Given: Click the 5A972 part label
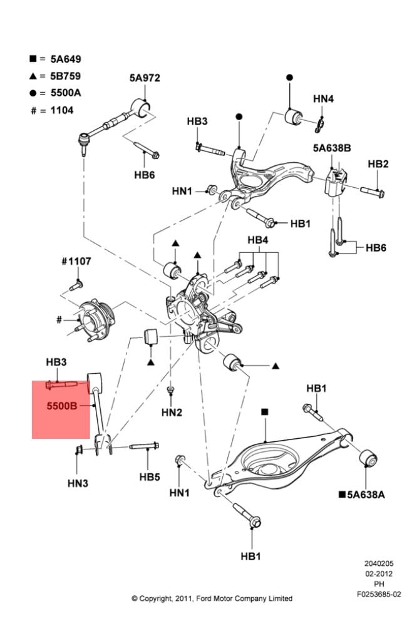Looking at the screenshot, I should (145, 78).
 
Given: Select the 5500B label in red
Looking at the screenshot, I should (61, 406).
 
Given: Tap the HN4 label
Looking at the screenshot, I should (323, 98).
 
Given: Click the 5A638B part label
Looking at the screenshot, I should (332, 148).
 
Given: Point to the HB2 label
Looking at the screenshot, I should (378, 164).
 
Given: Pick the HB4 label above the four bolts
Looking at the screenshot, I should (257, 240).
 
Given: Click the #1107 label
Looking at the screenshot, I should (76, 261).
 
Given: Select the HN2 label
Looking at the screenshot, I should (172, 412).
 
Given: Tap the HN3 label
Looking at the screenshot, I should (78, 483).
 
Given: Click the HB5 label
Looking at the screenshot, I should (150, 477).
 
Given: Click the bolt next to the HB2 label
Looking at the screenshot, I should (375, 189).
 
